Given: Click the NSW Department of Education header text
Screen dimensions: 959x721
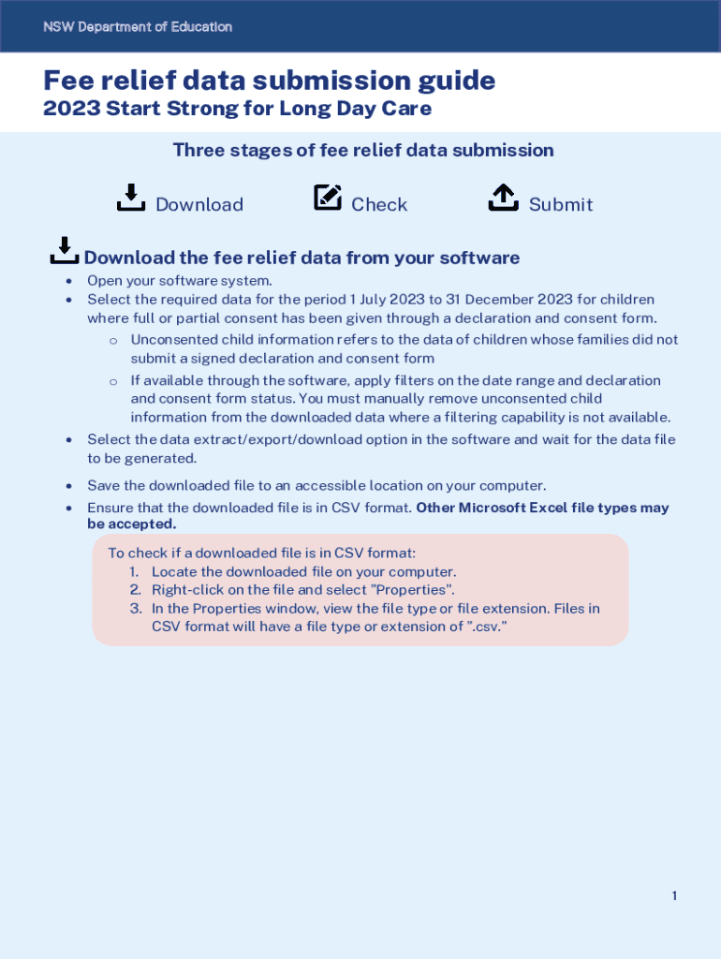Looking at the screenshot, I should tap(138, 27).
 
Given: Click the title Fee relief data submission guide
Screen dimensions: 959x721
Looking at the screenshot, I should tap(270, 81).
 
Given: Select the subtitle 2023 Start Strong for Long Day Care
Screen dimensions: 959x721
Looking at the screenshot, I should tap(238, 109).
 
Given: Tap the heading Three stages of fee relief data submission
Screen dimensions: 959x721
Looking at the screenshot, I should tap(363, 150).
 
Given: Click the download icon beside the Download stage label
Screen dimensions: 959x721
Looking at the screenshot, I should tap(130, 198).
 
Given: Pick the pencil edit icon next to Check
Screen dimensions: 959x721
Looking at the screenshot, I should tap(328, 198).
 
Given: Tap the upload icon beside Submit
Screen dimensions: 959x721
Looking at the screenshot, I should tap(504, 198).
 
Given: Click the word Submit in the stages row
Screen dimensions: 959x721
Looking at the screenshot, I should tap(561, 204).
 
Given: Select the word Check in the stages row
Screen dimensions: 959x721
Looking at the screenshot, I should tap(379, 204).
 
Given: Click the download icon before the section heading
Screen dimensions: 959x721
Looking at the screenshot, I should tap(64, 251).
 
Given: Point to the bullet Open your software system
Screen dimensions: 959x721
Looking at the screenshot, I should tap(180, 281).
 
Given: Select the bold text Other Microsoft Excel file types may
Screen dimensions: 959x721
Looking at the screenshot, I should tap(542, 509).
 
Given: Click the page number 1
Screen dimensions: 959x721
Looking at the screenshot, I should tap(674, 896).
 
